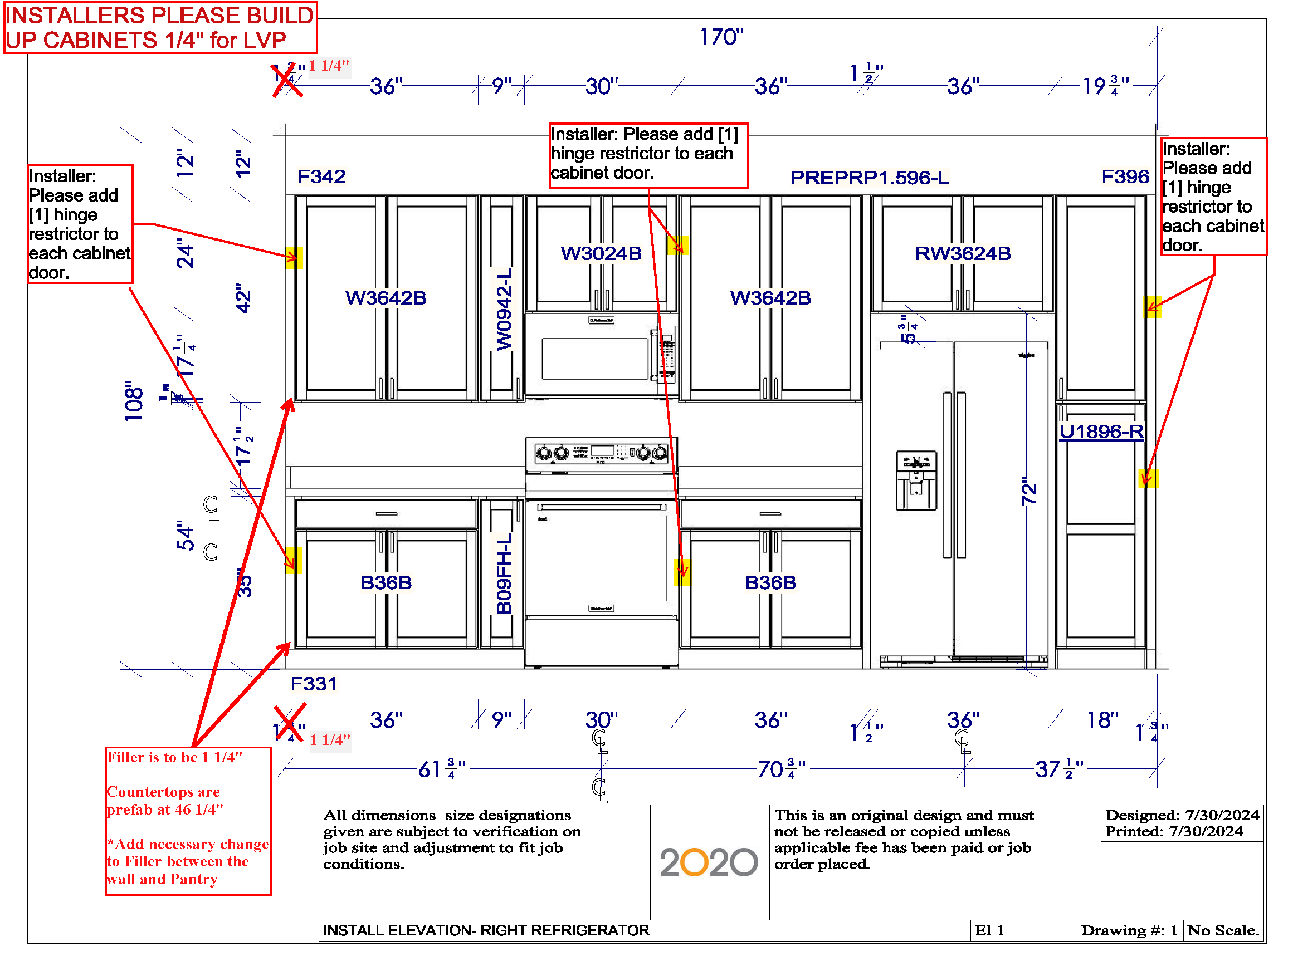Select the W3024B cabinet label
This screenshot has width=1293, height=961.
click(x=601, y=254)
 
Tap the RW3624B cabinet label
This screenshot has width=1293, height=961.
click(x=963, y=254)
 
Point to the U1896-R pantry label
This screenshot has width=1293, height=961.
click(x=1101, y=432)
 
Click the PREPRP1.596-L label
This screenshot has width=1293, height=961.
click(x=870, y=178)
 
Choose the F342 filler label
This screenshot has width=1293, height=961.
click(x=321, y=176)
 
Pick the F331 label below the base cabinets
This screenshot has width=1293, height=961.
click(x=314, y=684)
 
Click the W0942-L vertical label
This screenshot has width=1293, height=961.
click(x=504, y=309)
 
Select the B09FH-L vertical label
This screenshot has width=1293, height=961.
click(x=504, y=573)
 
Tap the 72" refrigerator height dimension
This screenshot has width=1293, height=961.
click(x=1029, y=491)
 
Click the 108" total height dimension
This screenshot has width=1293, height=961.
click(x=134, y=401)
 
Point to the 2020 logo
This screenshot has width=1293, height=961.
click(x=708, y=862)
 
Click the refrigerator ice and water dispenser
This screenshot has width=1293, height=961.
click(x=916, y=480)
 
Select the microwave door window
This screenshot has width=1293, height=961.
click(x=595, y=359)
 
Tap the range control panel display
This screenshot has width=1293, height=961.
click(x=603, y=451)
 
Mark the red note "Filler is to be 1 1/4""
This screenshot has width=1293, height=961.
click(x=174, y=757)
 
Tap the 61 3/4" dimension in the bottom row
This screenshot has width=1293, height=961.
click(x=442, y=769)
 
